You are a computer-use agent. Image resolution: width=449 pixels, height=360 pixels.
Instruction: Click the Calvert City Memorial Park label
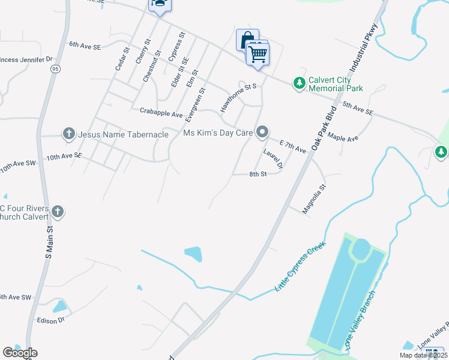click(x=336, y=84)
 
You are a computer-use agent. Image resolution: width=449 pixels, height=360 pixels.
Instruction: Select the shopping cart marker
click(x=258, y=55)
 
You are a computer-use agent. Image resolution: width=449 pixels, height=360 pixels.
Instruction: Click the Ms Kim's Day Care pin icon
click(x=262, y=131)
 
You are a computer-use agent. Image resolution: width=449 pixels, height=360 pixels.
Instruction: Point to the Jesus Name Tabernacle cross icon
click(x=69, y=134)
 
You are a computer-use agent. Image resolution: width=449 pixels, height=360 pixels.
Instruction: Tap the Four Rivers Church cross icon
click(x=58, y=211)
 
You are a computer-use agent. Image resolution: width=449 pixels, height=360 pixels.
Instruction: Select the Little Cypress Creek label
click(x=300, y=266)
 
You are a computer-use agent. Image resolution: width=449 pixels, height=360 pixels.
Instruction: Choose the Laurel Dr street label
click(x=273, y=159)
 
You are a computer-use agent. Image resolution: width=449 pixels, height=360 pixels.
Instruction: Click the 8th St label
click(x=258, y=175)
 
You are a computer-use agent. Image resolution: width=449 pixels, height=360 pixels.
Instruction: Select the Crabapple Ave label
click(x=161, y=112)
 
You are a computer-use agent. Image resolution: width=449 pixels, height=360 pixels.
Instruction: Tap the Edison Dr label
click(x=50, y=321)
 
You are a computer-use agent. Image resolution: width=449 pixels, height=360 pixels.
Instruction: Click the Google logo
click(x=20, y=353)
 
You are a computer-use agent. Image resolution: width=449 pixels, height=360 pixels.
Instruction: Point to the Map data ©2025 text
click(x=423, y=355)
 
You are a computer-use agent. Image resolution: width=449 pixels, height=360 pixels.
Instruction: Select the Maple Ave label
click(x=343, y=139)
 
